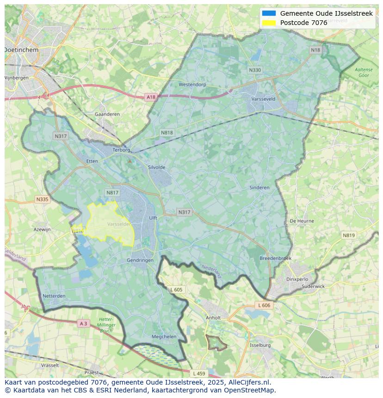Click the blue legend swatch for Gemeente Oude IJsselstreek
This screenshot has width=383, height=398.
point(269,13)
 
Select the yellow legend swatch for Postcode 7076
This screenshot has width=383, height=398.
point(269,23)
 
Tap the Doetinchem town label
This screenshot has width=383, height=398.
point(21,49)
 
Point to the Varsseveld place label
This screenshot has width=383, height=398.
point(263,99)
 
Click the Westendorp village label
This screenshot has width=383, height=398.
point(192,85)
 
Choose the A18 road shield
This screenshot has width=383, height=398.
point(151,97)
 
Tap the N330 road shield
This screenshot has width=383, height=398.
point(254,70)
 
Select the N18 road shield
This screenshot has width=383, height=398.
point(315,50)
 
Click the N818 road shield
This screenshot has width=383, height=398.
point(167,133)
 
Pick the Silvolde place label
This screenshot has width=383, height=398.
point(156,167)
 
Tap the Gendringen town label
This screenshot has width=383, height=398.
point(140,260)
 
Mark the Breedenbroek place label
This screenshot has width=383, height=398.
point(276,258)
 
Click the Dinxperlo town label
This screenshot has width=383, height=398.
point(297,279)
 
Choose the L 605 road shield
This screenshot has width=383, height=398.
point(176,290)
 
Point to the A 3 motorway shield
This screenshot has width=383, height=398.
point(83,324)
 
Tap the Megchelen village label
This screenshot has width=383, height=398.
point(164,337)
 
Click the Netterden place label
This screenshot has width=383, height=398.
point(54,296)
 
